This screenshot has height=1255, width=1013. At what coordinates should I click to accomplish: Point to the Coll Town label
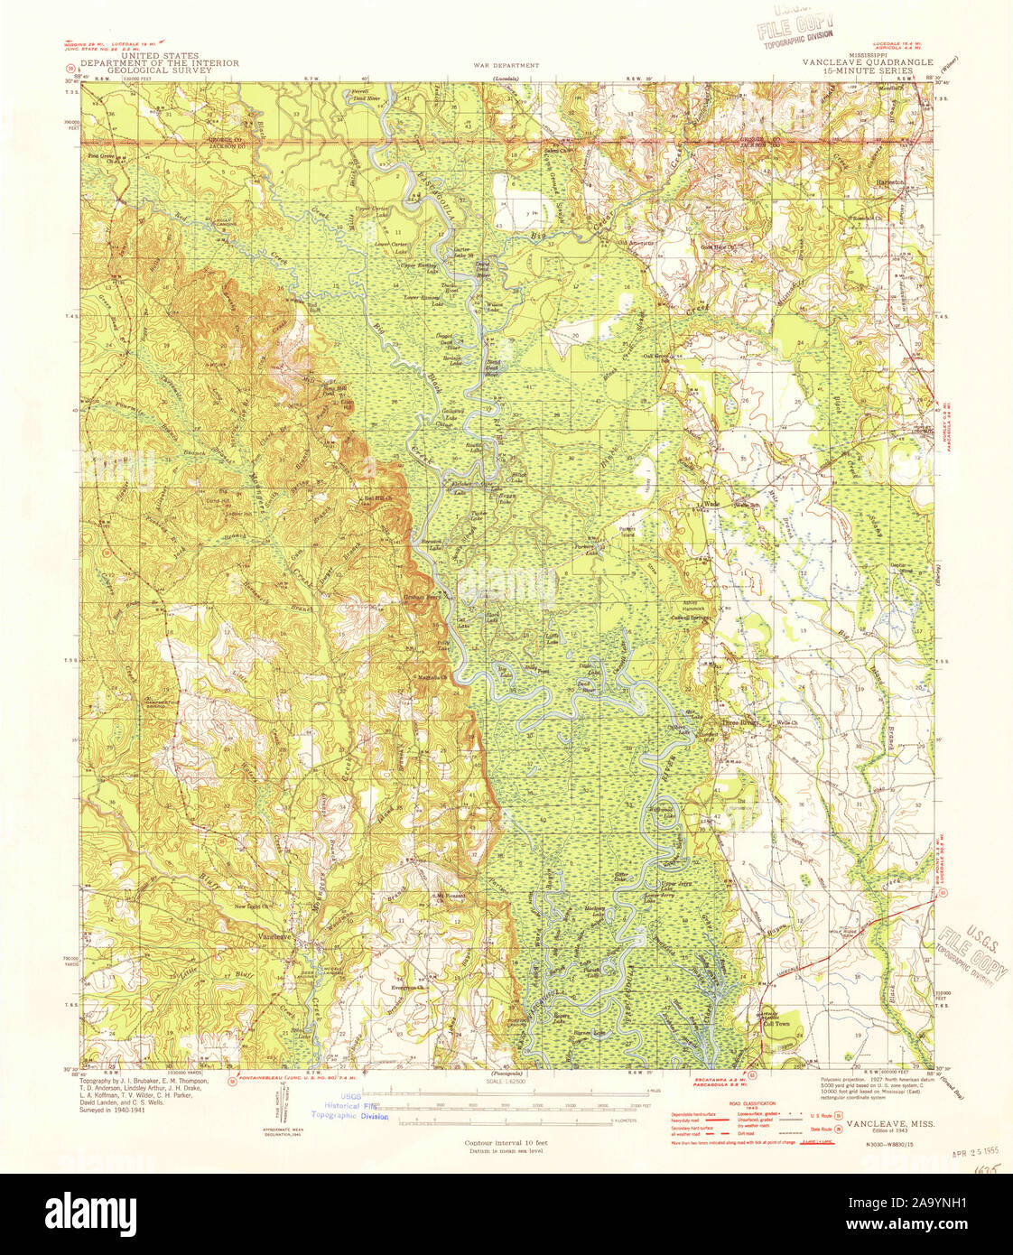(x=777, y=1023)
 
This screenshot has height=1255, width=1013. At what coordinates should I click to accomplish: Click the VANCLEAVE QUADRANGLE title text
(x=861, y=62)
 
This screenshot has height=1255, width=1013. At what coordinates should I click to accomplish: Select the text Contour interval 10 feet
(x=506, y=1143)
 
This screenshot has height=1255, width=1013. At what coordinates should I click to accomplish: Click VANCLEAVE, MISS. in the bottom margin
(x=889, y=1122)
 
